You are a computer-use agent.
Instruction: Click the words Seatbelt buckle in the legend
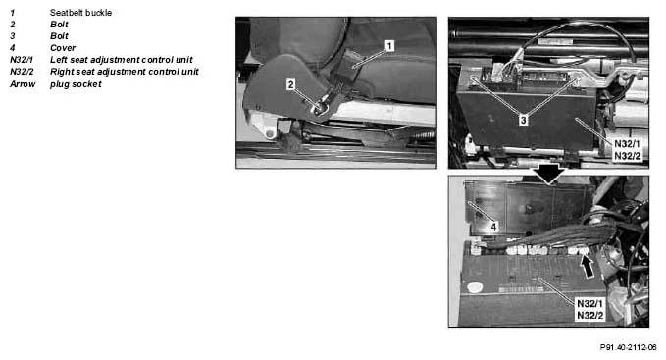pyautogui.click(x=80, y=13)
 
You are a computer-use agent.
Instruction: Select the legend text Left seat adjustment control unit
pyautogui.click(x=121, y=60)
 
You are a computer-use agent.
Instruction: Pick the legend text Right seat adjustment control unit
pyautogui.click(x=124, y=72)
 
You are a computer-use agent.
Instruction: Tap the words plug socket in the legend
pyautogui.click(x=76, y=84)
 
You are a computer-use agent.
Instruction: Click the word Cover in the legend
pyautogui.click(x=63, y=48)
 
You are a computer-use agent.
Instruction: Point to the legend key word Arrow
pyautogui.click(x=23, y=84)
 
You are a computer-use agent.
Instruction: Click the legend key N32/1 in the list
pyautogui.click(x=22, y=60)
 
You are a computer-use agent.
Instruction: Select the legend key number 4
pyautogui.click(x=13, y=48)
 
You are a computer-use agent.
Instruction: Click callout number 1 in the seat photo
pyautogui.click(x=389, y=45)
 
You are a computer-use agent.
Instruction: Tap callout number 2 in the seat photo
pyautogui.click(x=290, y=84)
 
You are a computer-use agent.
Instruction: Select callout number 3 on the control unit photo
pyautogui.click(x=524, y=120)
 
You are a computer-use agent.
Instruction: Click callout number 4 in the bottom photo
pyautogui.click(x=493, y=227)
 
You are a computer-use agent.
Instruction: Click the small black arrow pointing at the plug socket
pyautogui.click(x=588, y=267)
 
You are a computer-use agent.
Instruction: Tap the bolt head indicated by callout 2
pyautogui.click(x=318, y=108)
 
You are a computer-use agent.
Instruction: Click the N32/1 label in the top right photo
pyautogui.click(x=627, y=144)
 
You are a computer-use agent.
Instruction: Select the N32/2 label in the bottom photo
pyautogui.click(x=589, y=316)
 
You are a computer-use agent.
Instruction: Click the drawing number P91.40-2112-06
pyautogui.click(x=628, y=347)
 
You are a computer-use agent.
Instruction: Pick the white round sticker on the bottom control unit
pyautogui.click(x=475, y=287)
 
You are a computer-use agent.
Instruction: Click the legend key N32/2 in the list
pyautogui.click(x=22, y=72)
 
